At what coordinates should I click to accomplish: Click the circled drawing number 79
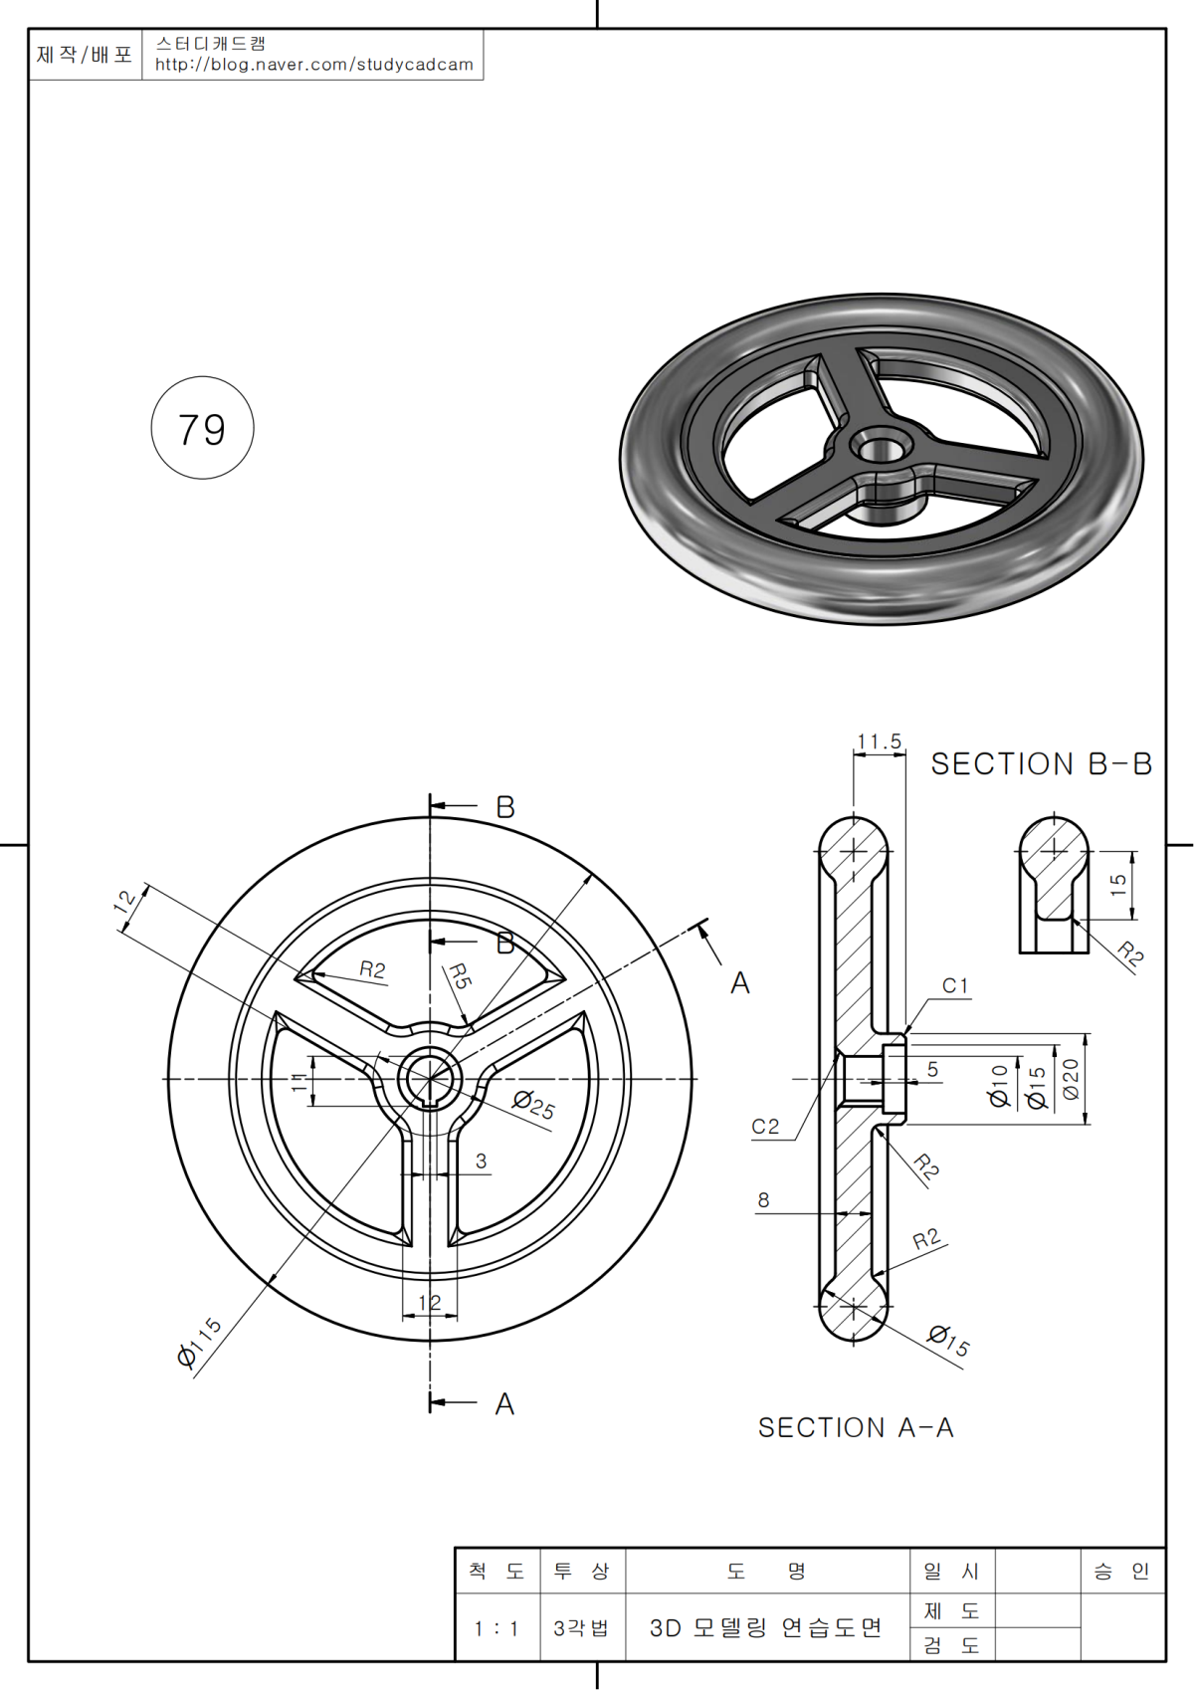click(x=202, y=429)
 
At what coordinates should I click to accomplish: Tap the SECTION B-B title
click(x=1041, y=764)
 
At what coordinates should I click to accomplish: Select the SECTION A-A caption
click(x=856, y=1428)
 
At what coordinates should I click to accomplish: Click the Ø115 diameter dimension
click(x=199, y=1342)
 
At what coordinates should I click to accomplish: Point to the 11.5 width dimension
click(x=880, y=742)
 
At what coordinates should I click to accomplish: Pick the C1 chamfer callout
click(x=955, y=985)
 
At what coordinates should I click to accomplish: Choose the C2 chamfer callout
click(x=765, y=1127)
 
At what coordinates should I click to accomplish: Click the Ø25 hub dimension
click(x=534, y=1104)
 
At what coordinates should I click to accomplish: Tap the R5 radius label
click(x=459, y=975)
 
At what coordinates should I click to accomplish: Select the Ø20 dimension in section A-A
click(x=1071, y=1079)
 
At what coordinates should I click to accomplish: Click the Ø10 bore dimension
click(x=999, y=1085)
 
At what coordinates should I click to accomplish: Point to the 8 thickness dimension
click(x=763, y=1200)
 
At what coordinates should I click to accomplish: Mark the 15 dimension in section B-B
click(x=1118, y=885)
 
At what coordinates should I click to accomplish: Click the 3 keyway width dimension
click(x=482, y=1162)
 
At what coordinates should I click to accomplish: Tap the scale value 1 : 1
click(x=497, y=1629)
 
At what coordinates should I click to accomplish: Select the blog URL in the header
click(x=314, y=65)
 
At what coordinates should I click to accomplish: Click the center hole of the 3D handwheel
click(x=881, y=447)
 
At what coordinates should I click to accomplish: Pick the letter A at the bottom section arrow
click(x=504, y=1404)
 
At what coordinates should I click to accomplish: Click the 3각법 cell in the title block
click(x=581, y=1629)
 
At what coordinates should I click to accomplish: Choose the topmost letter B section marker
click(x=505, y=807)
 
